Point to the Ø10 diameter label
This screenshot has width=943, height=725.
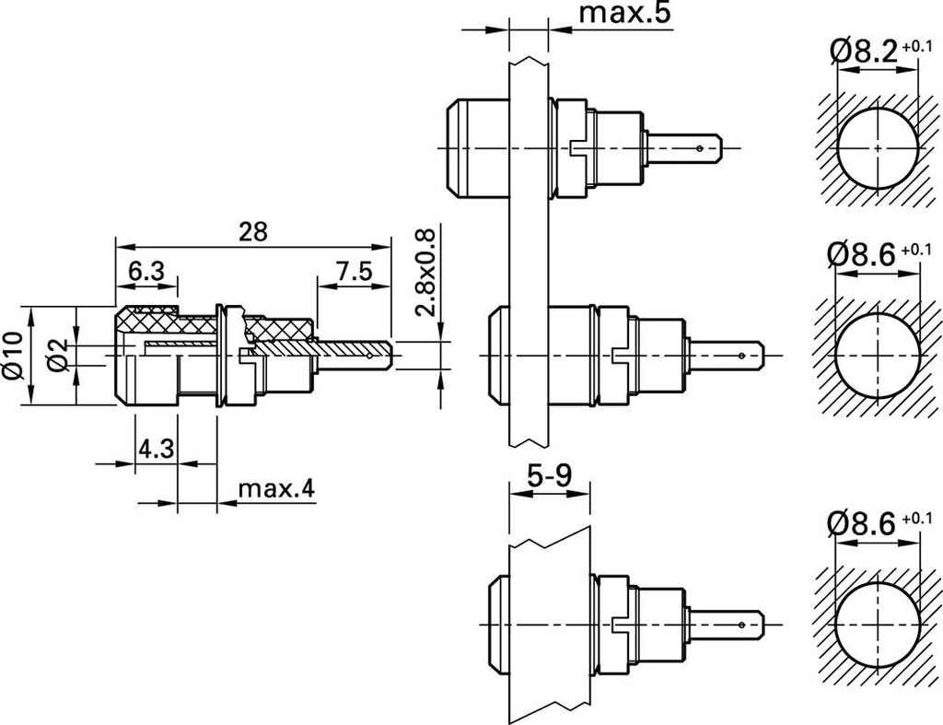coord(12,354)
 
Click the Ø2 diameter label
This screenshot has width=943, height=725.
coord(57,355)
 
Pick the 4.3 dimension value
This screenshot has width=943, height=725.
coord(156,450)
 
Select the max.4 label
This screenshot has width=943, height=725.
coord(276,488)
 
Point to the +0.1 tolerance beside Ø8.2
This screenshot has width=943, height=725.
coord(917,45)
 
